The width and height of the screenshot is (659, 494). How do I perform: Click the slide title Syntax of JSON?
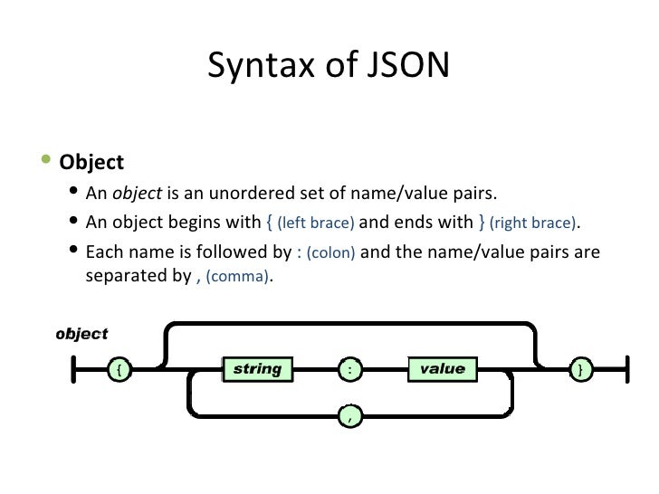[328, 65]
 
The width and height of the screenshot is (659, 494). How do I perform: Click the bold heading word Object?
[91, 163]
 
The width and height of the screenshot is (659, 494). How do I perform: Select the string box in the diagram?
[258, 369]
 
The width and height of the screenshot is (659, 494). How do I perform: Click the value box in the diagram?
[442, 369]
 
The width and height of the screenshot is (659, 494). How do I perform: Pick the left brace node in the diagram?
[119, 369]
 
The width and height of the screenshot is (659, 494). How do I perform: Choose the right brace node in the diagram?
[580, 369]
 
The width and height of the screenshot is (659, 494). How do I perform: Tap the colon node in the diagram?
[350, 369]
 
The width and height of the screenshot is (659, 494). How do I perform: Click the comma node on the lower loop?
[350, 416]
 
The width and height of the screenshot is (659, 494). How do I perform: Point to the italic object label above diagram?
[81, 334]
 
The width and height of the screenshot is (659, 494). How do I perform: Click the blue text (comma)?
[237, 280]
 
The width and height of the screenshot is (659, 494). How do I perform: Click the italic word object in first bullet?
[136, 195]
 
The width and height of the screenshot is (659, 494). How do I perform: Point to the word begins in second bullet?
[196, 223]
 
